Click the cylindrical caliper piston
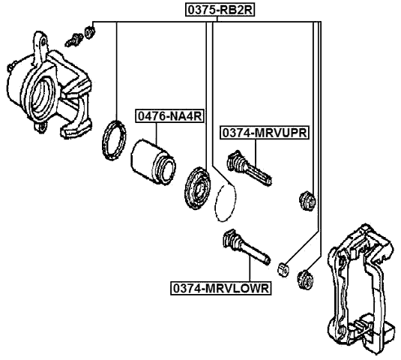pos(153,159)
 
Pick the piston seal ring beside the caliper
pos(114,140)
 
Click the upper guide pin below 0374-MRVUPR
pos(250,167)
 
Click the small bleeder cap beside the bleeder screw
pos(89,31)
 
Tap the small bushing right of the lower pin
pos(283,265)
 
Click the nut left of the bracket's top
pos(305,279)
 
